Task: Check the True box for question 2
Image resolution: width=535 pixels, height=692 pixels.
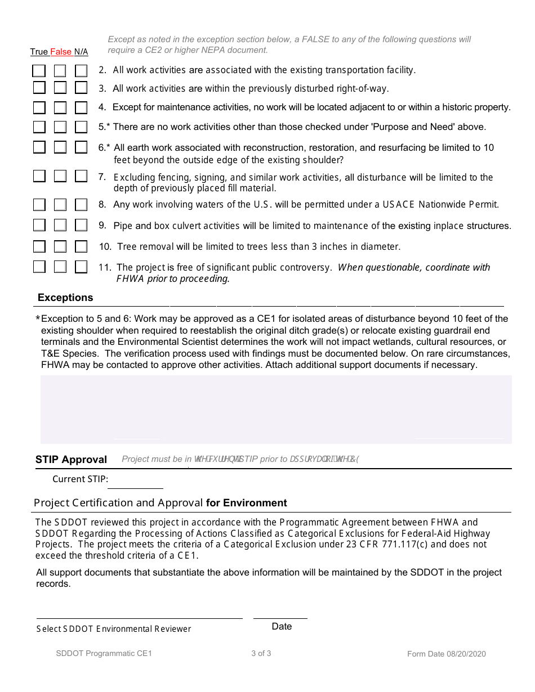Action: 39,71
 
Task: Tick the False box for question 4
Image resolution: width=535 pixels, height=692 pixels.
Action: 60,107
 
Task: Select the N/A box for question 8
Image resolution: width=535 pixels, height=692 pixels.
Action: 81,205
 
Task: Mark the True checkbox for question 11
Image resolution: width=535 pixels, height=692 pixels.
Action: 39,267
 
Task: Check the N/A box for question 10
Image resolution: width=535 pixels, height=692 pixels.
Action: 81,246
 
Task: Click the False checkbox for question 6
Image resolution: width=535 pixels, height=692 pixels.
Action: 60,147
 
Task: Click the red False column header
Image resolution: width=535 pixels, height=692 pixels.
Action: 61,52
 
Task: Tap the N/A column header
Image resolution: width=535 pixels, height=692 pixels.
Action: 81,52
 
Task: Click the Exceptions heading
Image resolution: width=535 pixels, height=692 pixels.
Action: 65,298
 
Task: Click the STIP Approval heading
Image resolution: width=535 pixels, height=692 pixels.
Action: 71,460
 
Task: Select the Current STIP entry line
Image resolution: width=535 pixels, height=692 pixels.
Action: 135,482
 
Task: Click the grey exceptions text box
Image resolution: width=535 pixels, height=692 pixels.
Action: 276,409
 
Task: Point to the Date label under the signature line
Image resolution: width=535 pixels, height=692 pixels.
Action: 282,627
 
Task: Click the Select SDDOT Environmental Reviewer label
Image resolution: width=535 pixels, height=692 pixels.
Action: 114,629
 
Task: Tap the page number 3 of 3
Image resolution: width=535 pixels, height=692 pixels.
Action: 261,653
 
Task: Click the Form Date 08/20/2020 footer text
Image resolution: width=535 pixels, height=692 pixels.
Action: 447,654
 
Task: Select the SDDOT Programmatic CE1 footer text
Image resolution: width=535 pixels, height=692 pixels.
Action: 104,653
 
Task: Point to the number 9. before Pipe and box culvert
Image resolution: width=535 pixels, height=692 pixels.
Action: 102,225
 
